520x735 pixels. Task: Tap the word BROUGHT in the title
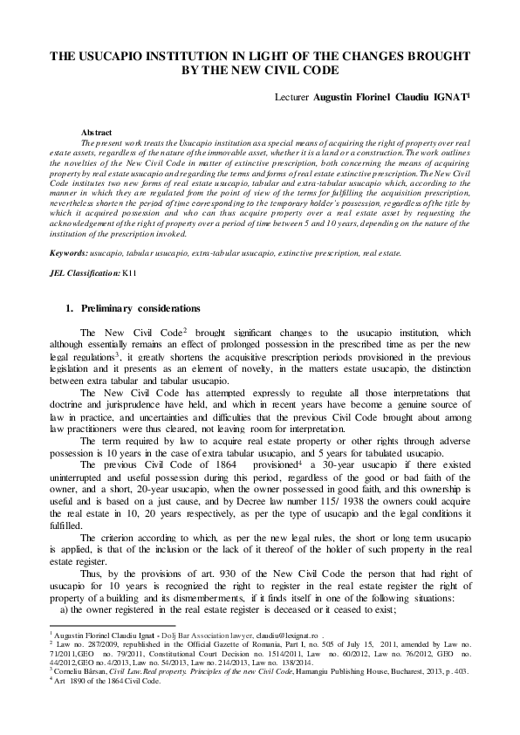(433, 55)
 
